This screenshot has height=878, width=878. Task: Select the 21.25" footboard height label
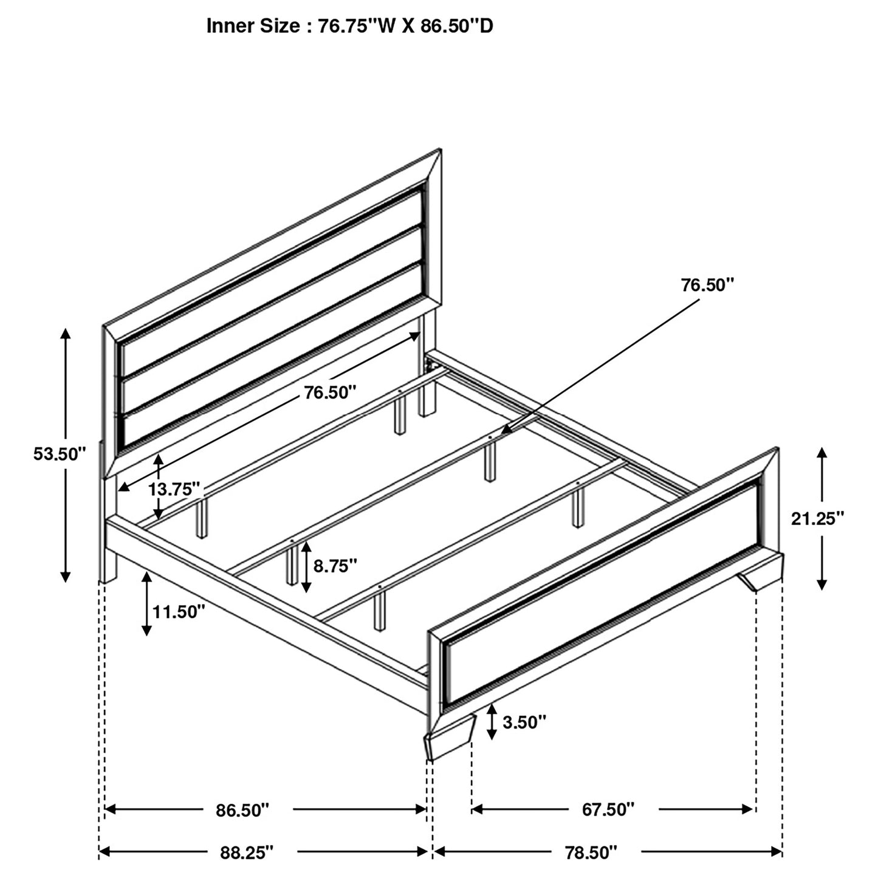817,518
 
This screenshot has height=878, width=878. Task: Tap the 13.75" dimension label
174,489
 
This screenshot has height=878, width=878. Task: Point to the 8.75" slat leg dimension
334,566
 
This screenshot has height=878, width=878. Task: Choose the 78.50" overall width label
588,852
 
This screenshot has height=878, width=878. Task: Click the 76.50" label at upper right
707,285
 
